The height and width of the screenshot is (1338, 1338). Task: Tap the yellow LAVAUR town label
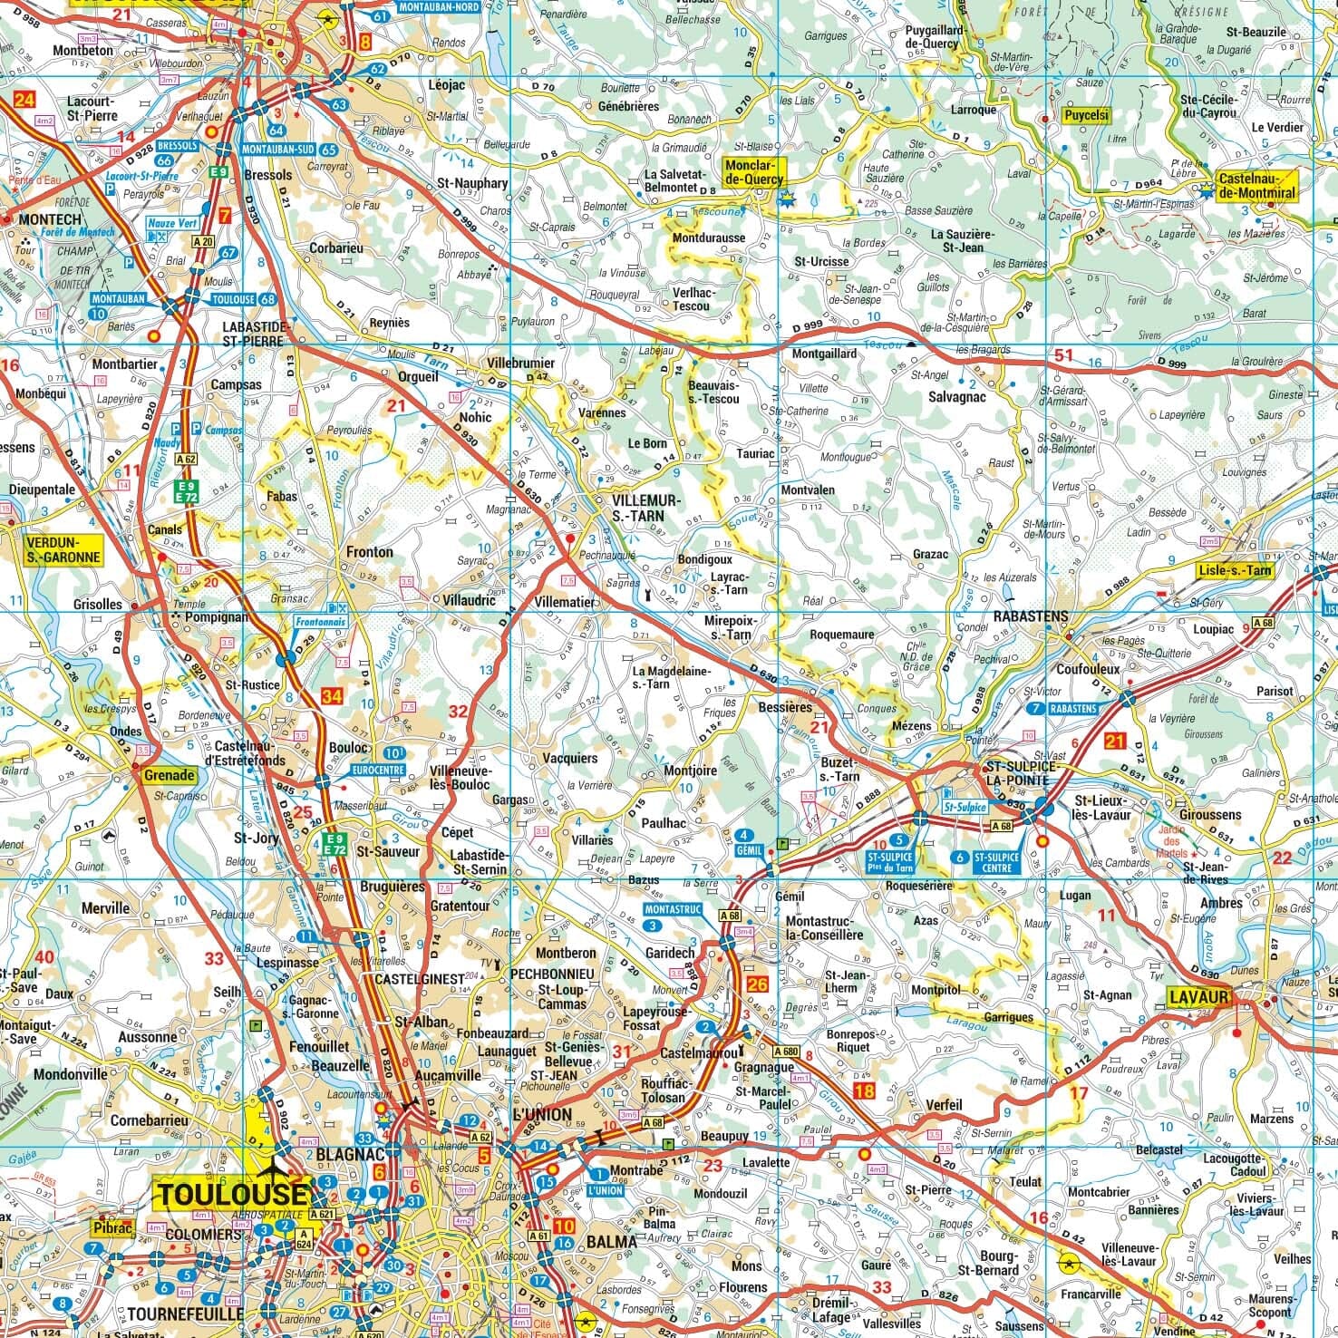pyautogui.click(x=1197, y=998)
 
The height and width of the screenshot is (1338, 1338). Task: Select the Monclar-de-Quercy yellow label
pyautogui.click(x=753, y=172)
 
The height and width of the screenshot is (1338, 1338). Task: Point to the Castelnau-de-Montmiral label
pyautogui.click(x=1256, y=186)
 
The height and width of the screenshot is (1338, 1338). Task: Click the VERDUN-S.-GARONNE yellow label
pyautogui.click(x=63, y=548)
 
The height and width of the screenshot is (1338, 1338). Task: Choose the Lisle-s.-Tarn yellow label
pyautogui.click(x=1234, y=570)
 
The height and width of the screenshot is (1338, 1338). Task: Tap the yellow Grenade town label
pyautogui.click(x=169, y=775)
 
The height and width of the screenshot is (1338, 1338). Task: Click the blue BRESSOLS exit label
pyautogui.click(x=177, y=146)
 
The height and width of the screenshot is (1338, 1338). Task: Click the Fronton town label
pyautogui.click(x=370, y=552)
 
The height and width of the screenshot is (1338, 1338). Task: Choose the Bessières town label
pyautogui.click(x=784, y=707)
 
